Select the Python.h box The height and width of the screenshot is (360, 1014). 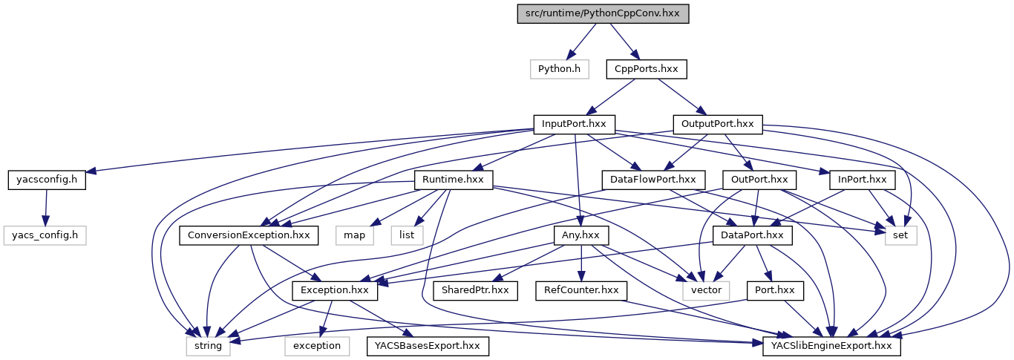click(x=559, y=69)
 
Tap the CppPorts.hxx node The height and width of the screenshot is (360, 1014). click(x=646, y=69)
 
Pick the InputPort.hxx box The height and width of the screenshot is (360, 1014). click(x=575, y=124)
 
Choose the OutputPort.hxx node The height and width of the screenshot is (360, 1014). click(x=717, y=124)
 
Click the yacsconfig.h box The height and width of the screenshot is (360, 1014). click(x=47, y=180)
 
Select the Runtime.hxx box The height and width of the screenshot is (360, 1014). click(x=453, y=180)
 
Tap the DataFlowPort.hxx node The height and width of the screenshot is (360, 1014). click(x=652, y=180)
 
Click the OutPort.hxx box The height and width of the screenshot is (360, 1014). click(x=759, y=180)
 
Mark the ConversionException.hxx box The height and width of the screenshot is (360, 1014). click(x=249, y=235)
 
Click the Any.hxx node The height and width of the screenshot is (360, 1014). click(x=581, y=235)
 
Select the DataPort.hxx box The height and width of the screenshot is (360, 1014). click(x=753, y=235)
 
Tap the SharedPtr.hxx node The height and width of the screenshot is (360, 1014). click(x=475, y=290)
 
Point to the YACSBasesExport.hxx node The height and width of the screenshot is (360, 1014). click(x=427, y=346)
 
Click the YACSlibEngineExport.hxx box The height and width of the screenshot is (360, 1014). click(x=831, y=346)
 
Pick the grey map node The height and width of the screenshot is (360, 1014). click(x=353, y=235)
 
